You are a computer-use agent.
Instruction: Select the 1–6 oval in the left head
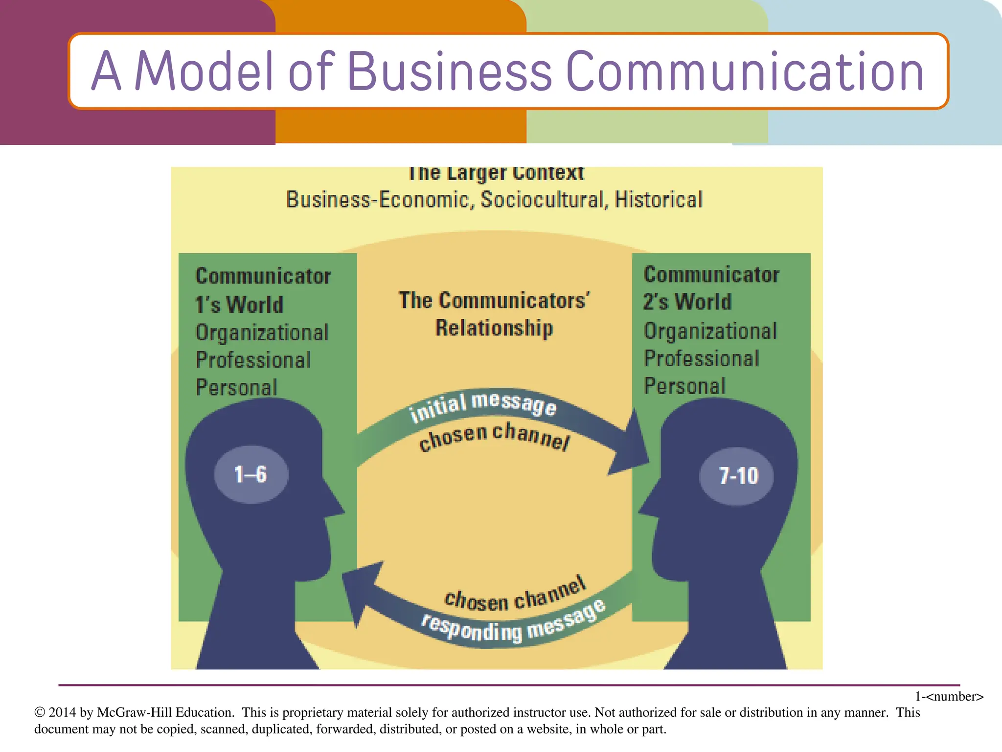click(x=251, y=474)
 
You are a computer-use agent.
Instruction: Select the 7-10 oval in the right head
click(x=737, y=476)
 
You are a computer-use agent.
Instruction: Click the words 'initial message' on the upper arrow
click(x=482, y=406)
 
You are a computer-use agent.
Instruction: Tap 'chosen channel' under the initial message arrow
click(x=494, y=437)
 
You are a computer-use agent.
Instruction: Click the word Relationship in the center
click(x=494, y=328)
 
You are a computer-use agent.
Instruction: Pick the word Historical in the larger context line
click(x=659, y=200)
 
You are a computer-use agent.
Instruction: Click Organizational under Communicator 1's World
click(x=262, y=333)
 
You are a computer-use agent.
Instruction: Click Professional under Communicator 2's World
click(x=702, y=359)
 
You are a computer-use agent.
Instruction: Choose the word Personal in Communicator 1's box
click(x=236, y=387)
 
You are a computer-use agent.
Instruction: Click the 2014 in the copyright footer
click(x=62, y=712)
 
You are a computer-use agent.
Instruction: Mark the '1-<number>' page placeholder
click(x=949, y=696)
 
